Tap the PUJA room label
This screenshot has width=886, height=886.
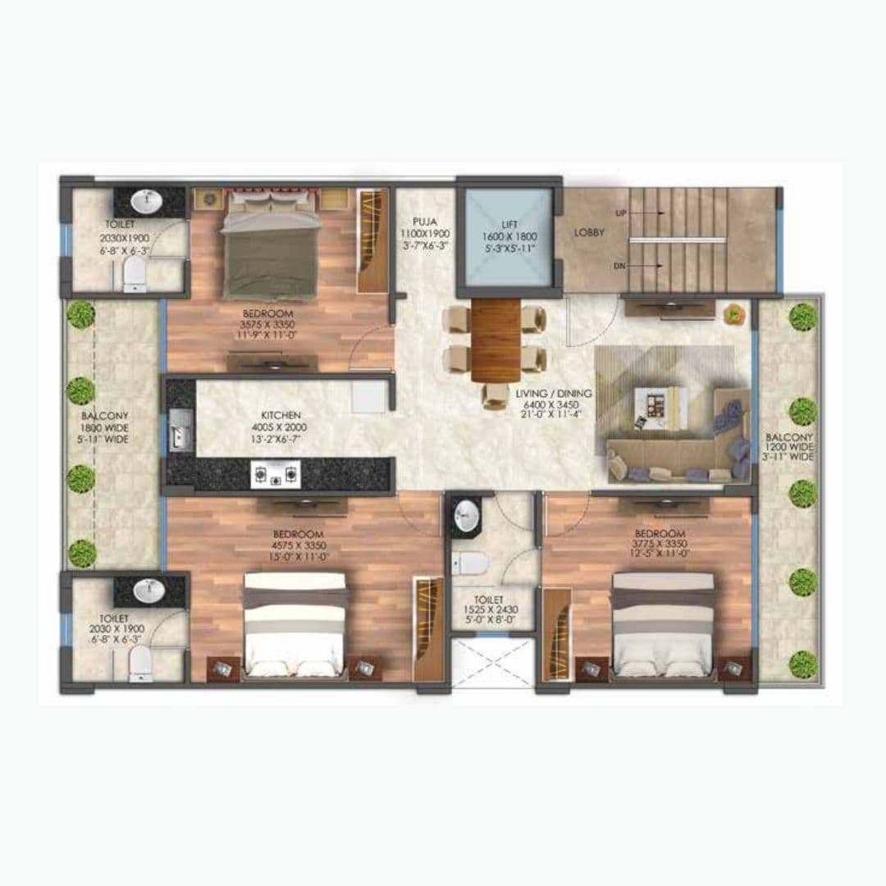pyautogui.click(x=425, y=221)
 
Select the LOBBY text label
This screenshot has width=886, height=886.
pyautogui.click(x=589, y=233)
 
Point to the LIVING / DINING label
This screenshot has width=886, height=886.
pyautogui.click(x=554, y=394)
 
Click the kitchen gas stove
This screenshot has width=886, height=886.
pyautogui.click(x=276, y=473)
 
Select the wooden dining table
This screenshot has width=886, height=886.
pyautogui.click(x=496, y=339)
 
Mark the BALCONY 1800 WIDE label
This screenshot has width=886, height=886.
pyautogui.click(x=104, y=427)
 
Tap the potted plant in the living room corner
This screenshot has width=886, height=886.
pyautogui.click(x=732, y=313)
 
